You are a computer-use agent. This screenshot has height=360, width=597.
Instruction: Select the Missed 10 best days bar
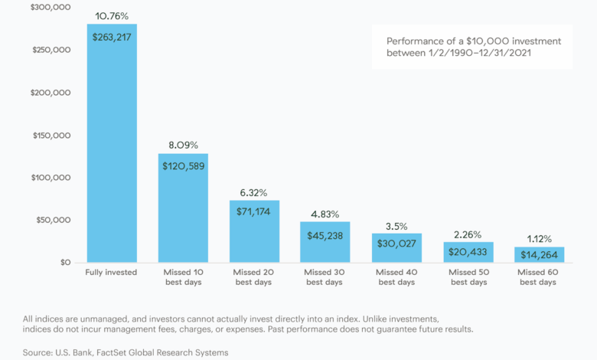click(x=183, y=208)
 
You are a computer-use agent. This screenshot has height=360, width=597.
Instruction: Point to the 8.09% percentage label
click(x=183, y=144)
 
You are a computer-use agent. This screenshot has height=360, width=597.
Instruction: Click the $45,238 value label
click(x=325, y=236)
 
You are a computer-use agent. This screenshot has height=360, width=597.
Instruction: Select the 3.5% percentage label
click(x=396, y=227)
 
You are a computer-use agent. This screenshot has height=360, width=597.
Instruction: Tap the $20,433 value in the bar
click(x=467, y=251)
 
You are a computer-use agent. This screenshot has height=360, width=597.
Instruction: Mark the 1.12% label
click(x=538, y=238)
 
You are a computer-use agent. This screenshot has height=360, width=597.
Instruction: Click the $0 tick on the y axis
click(x=67, y=263)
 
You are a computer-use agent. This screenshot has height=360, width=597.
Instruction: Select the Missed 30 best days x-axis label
click(x=325, y=277)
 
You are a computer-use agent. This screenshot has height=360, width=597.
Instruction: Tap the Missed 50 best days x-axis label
click(x=467, y=277)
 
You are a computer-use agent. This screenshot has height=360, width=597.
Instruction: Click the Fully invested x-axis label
click(x=112, y=272)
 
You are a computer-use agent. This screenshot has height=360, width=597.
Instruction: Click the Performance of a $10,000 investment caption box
click(x=471, y=47)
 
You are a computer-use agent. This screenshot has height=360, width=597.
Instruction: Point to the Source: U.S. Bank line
click(x=126, y=352)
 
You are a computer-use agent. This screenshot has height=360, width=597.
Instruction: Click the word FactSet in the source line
click(x=126, y=352)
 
